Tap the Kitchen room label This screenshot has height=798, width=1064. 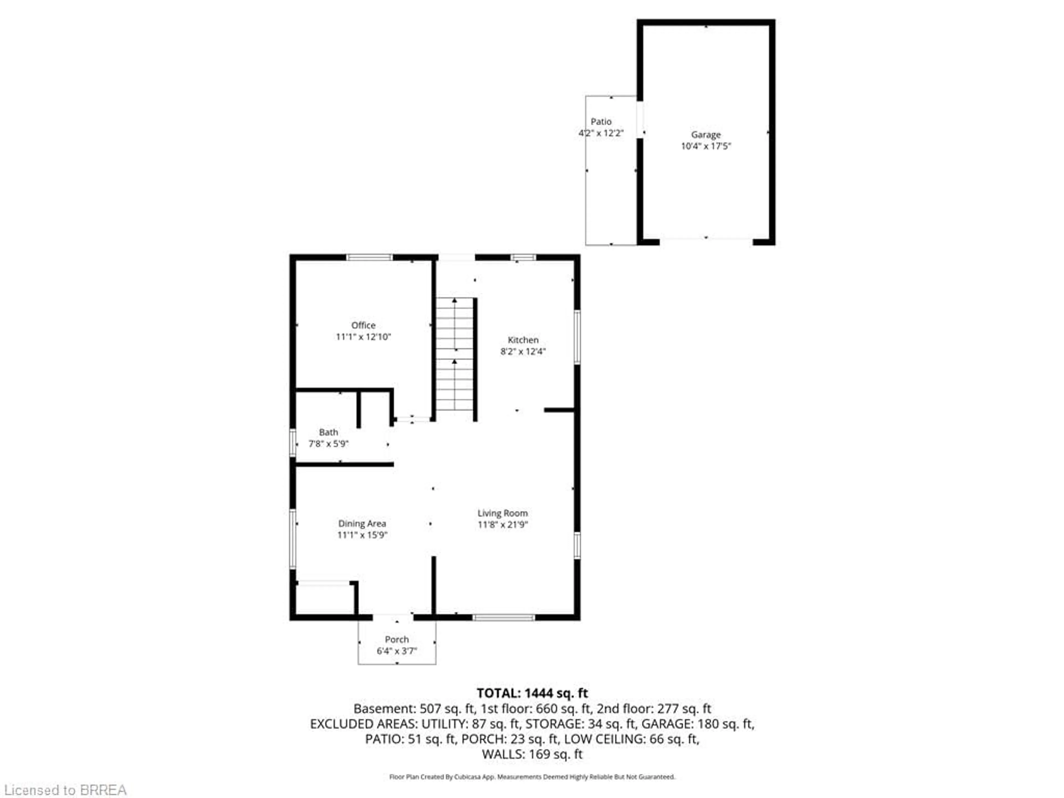pos(523,340)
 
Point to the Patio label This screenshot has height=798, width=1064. pos(601,122)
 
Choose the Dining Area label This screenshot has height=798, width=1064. pos(362,523)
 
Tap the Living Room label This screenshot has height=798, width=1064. pos(502,513)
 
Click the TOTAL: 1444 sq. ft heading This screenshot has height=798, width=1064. pos(532,693)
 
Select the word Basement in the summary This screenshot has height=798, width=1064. pos(383,709)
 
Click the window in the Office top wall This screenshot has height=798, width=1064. pos(369,257)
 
